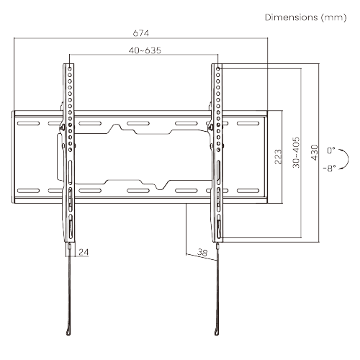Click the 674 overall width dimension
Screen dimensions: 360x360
coord(142,33)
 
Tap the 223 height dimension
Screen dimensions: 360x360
coord(277,156)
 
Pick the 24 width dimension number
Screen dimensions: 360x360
coord(84,252)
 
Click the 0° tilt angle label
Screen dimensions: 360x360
coord(330,150)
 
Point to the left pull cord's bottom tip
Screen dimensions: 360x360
coord(68,332)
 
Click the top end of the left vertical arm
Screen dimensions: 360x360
coord(69,66)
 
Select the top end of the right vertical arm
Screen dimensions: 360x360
coord(217,66)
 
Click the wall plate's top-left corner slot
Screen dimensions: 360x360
coord(27,123)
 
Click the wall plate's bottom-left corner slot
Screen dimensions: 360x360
coord(27,191)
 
